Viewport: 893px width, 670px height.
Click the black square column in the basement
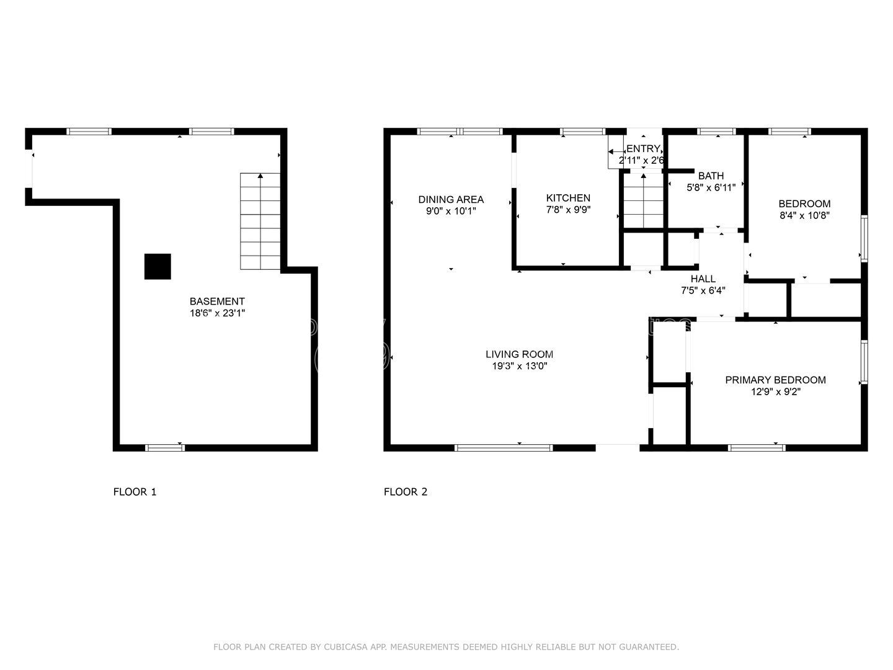tap(158, 267)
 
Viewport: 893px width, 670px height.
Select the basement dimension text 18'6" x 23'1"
tap(217, 313)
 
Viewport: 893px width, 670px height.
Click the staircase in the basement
tap(260, 221)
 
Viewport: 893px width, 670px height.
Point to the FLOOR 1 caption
tap(135, 492)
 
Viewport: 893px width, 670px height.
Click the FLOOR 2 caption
tap(406, 492)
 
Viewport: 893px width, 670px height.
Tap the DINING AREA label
tap(451, 199)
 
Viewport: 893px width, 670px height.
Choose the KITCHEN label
tap(568, 198)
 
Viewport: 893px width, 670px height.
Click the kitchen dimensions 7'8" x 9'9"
tap(568, 210)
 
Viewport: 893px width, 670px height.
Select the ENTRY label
tap(643, 149)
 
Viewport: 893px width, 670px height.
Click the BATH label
tap(711, 176)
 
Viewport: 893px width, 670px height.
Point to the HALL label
tap(703, 279)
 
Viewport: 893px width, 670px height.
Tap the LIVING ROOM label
tap(519, 354)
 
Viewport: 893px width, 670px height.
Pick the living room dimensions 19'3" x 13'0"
tap(519, 366)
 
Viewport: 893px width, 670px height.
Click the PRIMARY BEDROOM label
tap(775, 380)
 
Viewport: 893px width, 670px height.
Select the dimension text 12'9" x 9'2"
tap(775, 391)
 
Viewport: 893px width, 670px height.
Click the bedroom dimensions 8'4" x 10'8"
tap(804, 215)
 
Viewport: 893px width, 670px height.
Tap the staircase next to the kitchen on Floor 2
tap(644, 201)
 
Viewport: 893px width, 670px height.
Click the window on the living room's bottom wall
tap(504, 447)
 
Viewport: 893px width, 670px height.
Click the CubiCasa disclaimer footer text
tap(446, 647)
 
